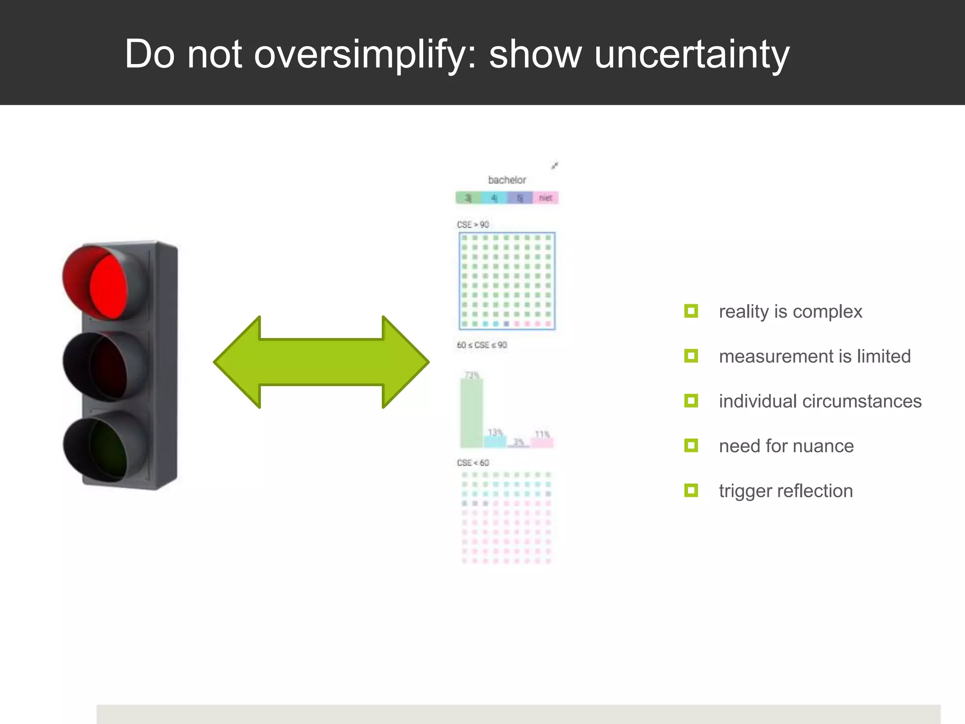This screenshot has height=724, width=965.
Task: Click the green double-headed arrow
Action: tap(321, 362)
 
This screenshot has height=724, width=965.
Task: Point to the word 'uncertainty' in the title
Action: tap(691, 54)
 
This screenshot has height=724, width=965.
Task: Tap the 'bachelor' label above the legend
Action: tap(507, 180)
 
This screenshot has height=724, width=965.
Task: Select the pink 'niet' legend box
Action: tap(546, 198)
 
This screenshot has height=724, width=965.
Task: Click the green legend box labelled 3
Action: tap(468, 198)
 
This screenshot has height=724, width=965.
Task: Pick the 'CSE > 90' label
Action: tap(473, 225)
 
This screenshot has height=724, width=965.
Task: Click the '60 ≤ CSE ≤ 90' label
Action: tap(482, 345)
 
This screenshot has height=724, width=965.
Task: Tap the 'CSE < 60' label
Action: tap(473, 463)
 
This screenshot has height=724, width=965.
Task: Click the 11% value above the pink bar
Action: tap(542, 434)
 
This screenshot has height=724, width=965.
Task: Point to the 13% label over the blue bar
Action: tap(495, 432)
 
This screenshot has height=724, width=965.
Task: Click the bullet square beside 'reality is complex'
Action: tap(691, 311)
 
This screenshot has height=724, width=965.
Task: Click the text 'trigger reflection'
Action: tap(785, 491)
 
